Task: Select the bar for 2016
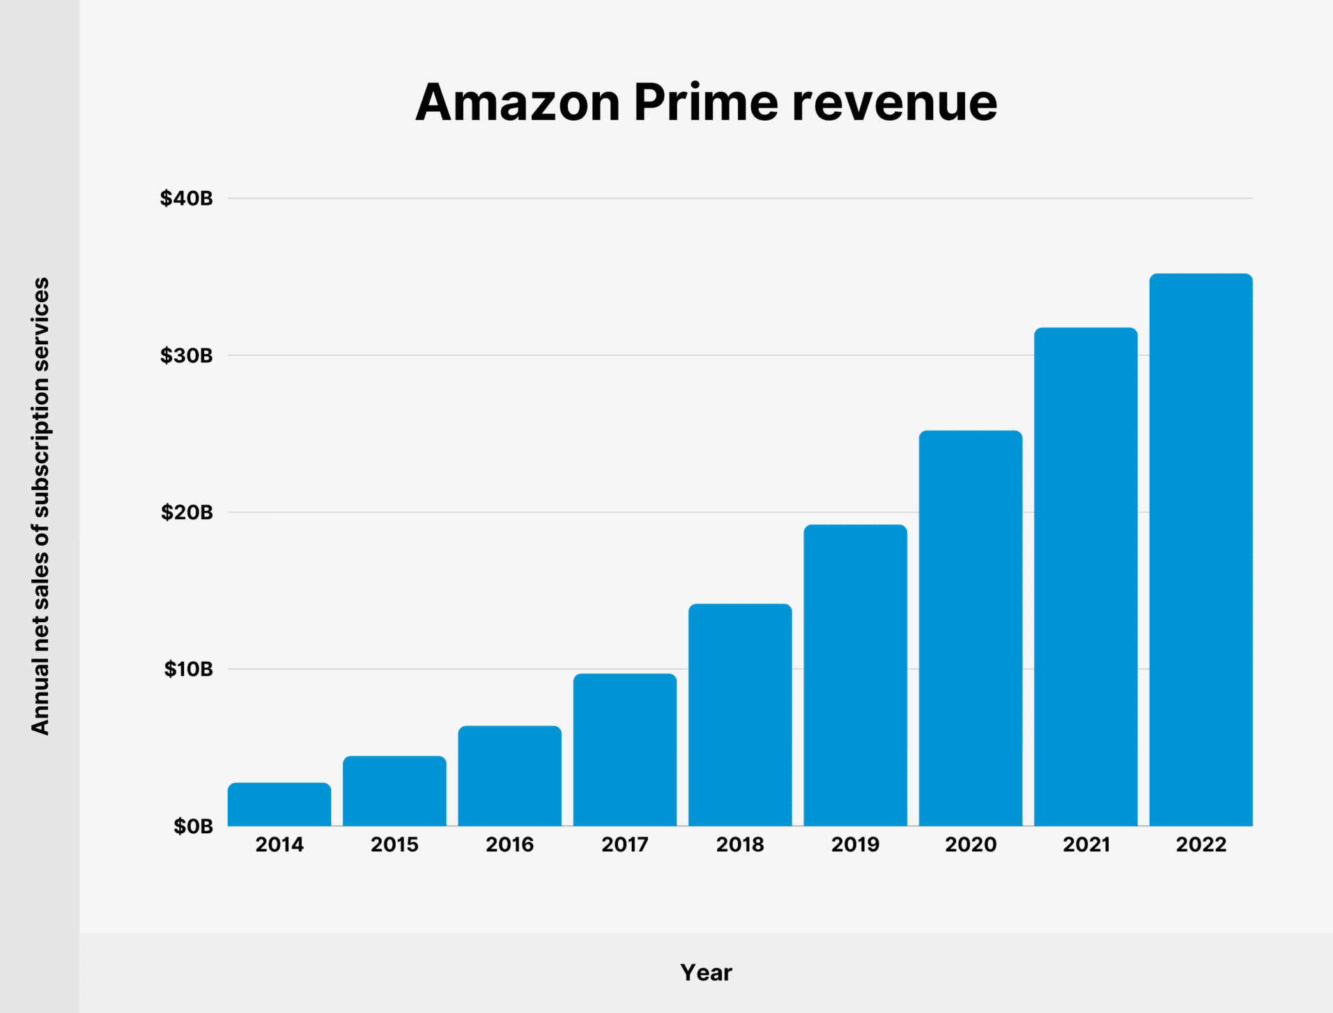(510, 776)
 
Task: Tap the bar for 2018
(740, 715)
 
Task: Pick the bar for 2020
(971, 628)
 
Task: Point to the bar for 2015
(394, 791)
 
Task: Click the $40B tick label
(186, 199)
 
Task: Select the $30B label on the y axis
(186, 355)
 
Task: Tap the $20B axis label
(186, 512)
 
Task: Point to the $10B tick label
(187, 669)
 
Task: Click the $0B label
(192, 826)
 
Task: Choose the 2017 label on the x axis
(625, 845)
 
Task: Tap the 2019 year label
(855, 845)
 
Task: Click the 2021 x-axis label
(1086, 845)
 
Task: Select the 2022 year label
(1201, 845)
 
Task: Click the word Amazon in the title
(517, 103)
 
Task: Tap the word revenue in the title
(894, 103)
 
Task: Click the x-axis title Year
(706, 973)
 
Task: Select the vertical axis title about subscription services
(40, 505)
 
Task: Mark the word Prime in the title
(706, 103)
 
